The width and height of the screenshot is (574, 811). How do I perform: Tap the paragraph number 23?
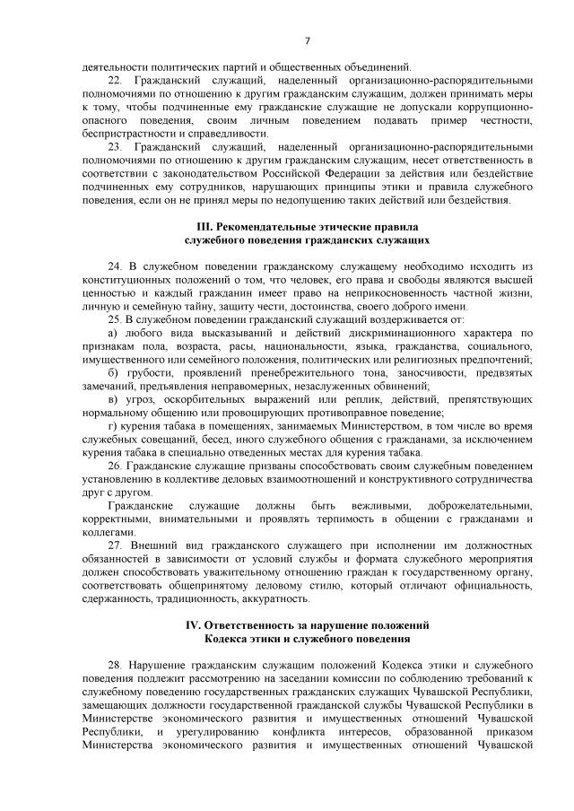[x=113, y=145]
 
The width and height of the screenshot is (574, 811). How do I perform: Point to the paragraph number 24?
[x=113, y=266]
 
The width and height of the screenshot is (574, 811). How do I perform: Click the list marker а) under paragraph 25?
[x=112, y=333]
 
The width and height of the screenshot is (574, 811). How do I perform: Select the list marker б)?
[x=112, y=372]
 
